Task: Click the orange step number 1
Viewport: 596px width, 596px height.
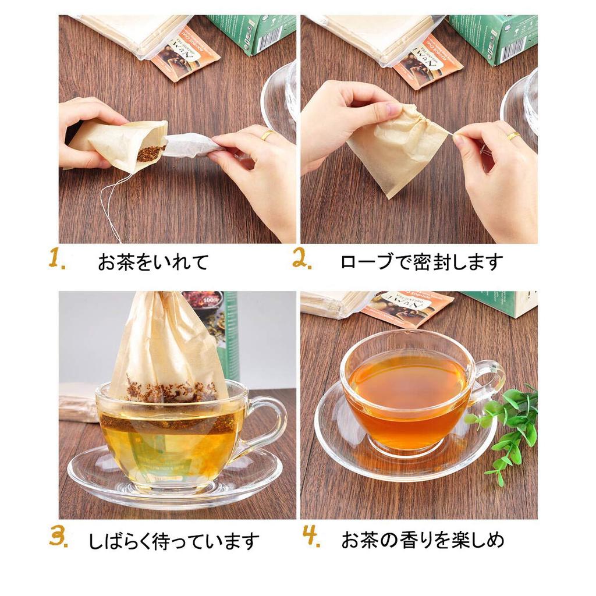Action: [56, 259]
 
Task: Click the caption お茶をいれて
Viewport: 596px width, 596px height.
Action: [153, 262]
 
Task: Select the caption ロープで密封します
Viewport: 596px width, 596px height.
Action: [421, 262]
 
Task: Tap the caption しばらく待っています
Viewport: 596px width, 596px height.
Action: [173, 541]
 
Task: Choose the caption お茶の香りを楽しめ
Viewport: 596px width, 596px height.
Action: [423, 540]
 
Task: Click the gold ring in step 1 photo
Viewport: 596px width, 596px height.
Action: [267, 135]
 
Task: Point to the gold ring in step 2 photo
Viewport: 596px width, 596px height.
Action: [513, 136]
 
